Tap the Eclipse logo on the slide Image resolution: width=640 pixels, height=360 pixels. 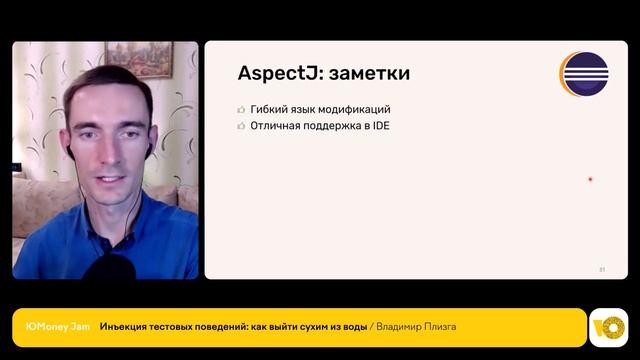coord(585,73)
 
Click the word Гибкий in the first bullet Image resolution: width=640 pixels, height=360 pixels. coord(271,109)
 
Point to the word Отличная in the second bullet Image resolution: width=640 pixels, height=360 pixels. coord(275,127)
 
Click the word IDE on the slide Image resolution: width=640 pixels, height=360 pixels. coord(380,127)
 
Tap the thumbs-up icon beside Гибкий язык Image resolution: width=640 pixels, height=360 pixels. coord(241,109)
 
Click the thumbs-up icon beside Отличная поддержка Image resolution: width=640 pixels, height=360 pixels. coord(241,127)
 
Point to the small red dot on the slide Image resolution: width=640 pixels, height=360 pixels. coord(590,179)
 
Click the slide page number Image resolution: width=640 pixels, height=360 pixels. coord(602,269)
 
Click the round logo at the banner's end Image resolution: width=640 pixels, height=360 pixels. coord(607,327)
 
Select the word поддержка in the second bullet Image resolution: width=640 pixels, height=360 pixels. coord(331,127)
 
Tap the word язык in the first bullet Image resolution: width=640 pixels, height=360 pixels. coord(306,109)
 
